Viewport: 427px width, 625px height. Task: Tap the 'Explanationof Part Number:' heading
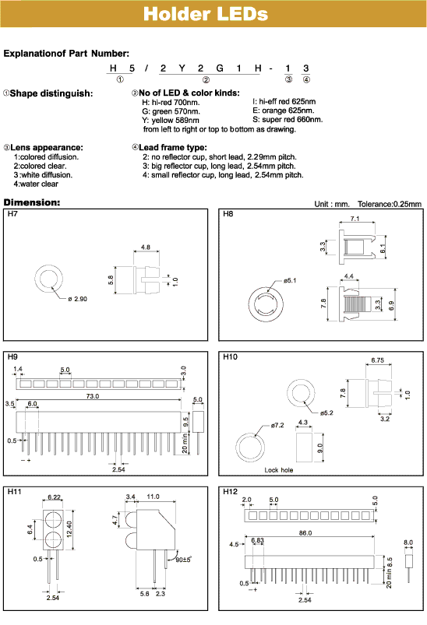66,54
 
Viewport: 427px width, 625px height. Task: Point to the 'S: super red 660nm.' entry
288,120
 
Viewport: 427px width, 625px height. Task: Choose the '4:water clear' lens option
35,184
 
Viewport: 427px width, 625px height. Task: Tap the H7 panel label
12,213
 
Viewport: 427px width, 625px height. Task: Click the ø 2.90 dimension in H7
78,299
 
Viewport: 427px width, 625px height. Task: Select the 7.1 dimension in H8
355,219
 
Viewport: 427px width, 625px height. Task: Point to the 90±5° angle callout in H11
185,558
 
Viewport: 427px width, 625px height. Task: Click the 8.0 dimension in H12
408,542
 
